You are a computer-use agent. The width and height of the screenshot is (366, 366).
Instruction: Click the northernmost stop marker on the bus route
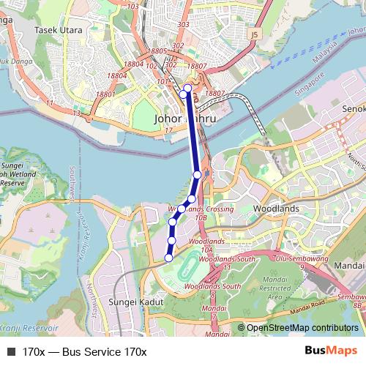click(187, 89)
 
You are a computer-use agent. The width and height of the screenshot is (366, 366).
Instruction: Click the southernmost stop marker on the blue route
click(168, 258)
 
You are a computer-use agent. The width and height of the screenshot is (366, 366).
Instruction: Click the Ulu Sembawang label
click(299, 258)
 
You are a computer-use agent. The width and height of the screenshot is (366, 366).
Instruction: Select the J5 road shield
click(254, 33)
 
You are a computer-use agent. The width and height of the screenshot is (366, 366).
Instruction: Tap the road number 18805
click(157, 51)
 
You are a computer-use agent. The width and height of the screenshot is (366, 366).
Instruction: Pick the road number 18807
click(215, 94)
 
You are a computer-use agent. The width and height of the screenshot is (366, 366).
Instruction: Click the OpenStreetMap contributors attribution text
click(302, 328)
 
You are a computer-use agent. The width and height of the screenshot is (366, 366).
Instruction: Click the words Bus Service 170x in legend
click(104, 352)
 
